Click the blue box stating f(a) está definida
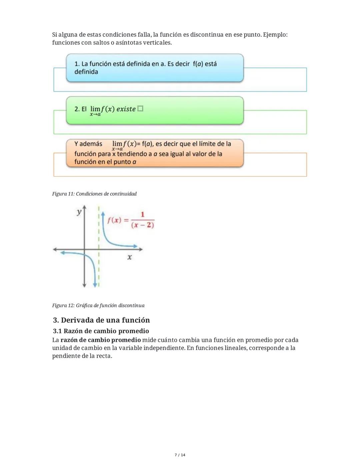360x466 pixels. click(155, 68)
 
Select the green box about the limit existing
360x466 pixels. click(155, 110)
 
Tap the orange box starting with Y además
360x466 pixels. click(155, 153)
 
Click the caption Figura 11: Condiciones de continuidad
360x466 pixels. click(94, 194)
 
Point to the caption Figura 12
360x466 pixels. click(98, 306)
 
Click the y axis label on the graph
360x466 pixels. click(79, 212)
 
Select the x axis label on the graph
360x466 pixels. click(129, 257)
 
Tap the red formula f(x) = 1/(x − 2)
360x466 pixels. click(131, 220)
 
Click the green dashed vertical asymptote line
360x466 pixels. click(99, 234)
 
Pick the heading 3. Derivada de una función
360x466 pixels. click(101, 320)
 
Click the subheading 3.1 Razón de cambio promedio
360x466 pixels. click(101, 331)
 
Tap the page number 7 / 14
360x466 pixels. click(180, 455)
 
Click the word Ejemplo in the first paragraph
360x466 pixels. click(275, 35)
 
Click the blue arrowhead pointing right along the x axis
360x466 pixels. click(135, 246)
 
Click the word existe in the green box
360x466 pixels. click(126, 109)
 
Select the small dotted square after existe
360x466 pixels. click(140, 109)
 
